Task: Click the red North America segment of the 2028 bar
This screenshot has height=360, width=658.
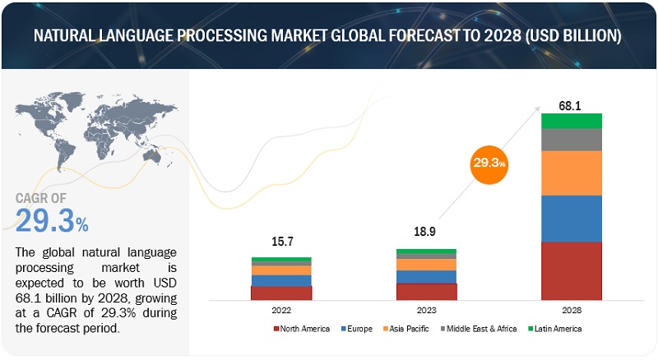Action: pos(572,271)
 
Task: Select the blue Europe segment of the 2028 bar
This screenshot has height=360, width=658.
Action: pos(572,218)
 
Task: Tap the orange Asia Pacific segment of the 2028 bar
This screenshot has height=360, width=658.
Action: pos(572,173)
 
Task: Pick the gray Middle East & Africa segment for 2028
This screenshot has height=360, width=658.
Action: pos(572,140)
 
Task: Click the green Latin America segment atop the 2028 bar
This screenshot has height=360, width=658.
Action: pos(572,122)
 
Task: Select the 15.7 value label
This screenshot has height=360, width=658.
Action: pos(281,242)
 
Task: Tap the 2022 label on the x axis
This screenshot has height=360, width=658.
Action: pos(281,311)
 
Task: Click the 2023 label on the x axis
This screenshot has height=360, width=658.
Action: pos(426,311)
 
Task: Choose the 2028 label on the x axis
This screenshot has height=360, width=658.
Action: pos(572,311)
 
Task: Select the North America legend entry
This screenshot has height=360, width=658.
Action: pos(302,329)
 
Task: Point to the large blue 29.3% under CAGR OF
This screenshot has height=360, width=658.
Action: pos(52,221)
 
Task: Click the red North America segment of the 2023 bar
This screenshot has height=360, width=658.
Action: pos(426,292)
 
